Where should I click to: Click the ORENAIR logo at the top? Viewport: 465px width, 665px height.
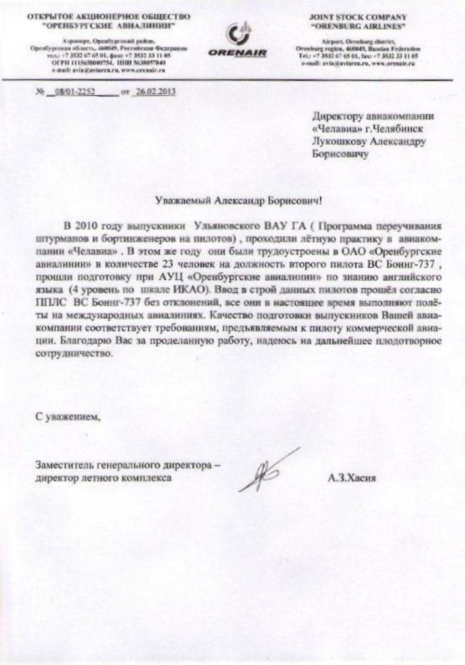[x=238, y=42]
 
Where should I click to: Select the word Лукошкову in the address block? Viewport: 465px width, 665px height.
[x=339, y=141]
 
